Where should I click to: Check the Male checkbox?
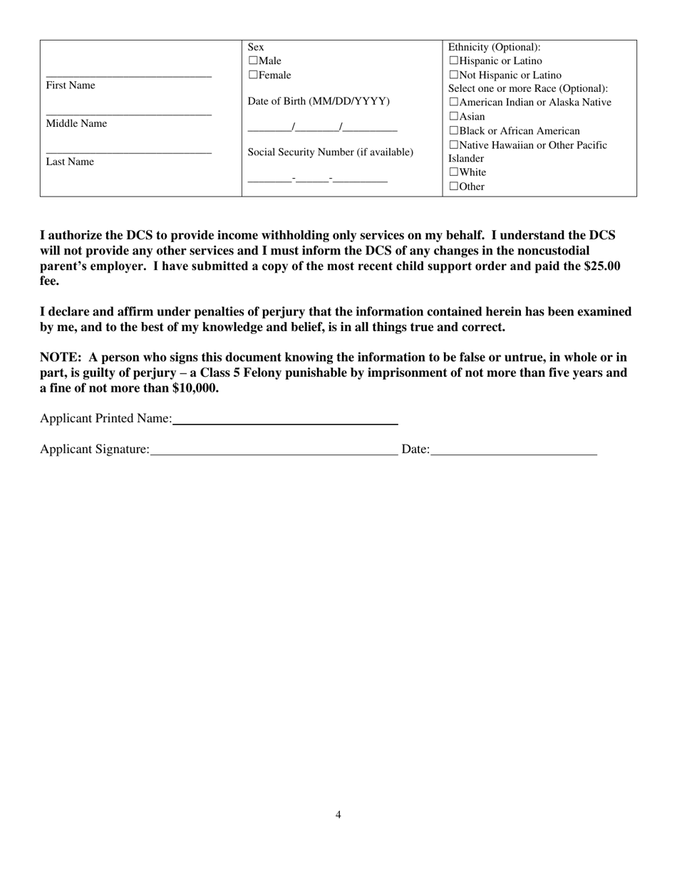[x=252, y=61]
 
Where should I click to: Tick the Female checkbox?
[x=252, y=75]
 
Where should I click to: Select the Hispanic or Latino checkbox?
[x=454, y=61]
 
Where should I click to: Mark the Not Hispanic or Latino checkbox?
[x=454, y=75]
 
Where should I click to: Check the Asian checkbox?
[x=454, y=116]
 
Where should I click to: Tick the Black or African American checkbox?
[x=454, y=131]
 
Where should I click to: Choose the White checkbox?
[x=454, y=172]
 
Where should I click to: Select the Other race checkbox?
[x=454, y=187]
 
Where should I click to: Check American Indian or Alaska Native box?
[x=454, y=103]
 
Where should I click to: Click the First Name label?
[x=71, y=85]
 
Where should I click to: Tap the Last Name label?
[x=70, y=162]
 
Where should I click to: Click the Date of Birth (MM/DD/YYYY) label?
[x=319, y=101]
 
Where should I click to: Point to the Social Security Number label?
[x=330, y=152]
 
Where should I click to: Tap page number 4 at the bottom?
[x=338, y=815]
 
